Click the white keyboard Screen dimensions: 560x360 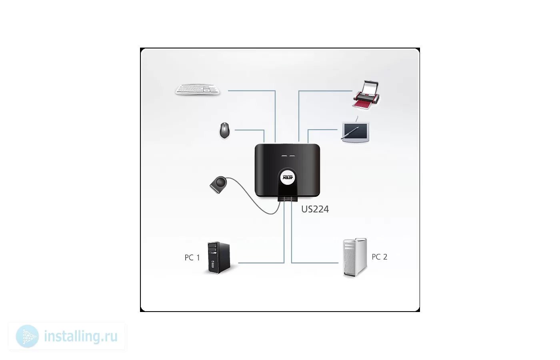tap(198, 90)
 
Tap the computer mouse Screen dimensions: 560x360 tap(224, 130)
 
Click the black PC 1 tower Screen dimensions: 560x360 tap(219, 258)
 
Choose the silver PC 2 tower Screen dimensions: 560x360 tap(355, 258)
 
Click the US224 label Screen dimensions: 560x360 tap(315, 209)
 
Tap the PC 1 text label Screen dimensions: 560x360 tap(192, 258)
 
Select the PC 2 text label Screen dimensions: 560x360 tap(380, 257)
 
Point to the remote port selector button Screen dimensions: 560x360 tap(218, 184)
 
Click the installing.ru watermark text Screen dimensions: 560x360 tap(81, 336)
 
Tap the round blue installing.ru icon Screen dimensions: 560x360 tap(28, 336)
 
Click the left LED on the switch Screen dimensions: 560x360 tap(284, 156)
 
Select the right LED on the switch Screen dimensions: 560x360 tap(292, 156)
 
